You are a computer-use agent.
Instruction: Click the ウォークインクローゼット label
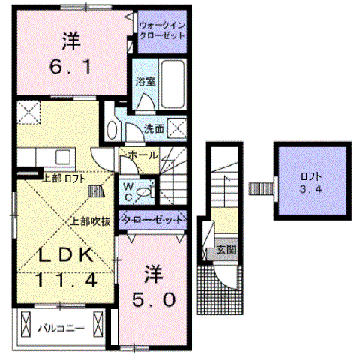162,31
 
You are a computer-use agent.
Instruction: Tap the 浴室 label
145,82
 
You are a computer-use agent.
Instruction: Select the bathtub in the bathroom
172,84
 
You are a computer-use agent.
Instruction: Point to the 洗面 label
154,128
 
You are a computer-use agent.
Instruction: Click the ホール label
143,155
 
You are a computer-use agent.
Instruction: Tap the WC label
128,192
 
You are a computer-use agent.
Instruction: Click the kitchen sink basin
63,157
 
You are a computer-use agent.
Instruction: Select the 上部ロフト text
64,179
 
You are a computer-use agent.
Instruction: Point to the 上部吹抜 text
90,221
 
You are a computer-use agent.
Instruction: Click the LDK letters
66,255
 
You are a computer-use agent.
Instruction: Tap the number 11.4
67,280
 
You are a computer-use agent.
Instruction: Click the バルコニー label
61,329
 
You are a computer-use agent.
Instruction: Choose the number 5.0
154,300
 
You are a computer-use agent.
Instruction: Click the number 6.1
70,67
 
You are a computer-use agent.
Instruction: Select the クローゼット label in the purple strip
153,220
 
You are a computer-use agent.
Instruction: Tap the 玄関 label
226,249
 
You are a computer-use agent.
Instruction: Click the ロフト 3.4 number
311,189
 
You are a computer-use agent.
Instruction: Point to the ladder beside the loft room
261,189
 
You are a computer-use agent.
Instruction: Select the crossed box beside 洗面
177,128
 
